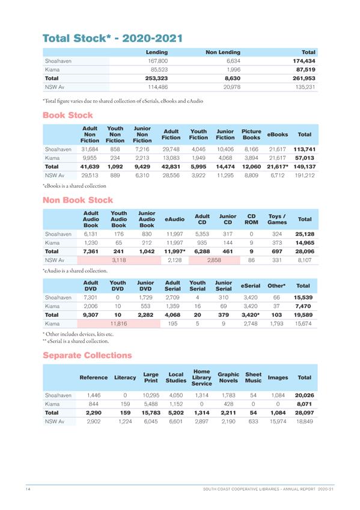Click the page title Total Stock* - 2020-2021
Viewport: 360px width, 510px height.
tap(112, 38)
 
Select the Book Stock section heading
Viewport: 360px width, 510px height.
tap(67, 114)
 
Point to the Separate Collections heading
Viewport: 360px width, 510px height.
tap(87, 355)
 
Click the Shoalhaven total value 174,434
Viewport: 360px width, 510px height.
tap(304, 61)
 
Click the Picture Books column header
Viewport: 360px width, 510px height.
tap(251, 134)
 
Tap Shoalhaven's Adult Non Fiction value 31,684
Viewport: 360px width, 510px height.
tap(89, 149)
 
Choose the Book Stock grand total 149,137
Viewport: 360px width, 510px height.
tap(304, 166)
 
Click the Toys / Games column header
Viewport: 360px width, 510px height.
tap(277, 220)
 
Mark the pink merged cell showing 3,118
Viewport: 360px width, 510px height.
tap(119, 260)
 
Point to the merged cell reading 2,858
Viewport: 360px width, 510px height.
tap(214, 260)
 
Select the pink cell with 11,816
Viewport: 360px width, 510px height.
tap(119, 323)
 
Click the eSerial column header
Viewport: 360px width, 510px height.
tap(250, 286)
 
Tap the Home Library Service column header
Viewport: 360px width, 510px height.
tap(201, 377)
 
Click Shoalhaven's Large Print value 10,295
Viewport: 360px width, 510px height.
tap(150, 395)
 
